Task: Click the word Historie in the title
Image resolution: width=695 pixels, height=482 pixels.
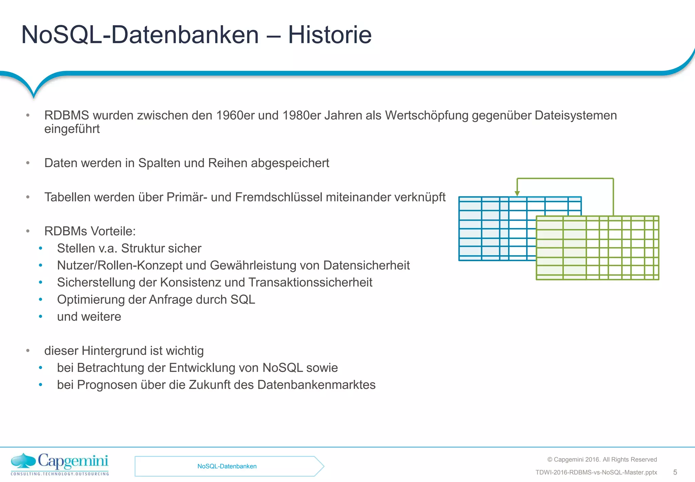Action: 330,35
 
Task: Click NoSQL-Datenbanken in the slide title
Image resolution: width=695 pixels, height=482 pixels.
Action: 140,35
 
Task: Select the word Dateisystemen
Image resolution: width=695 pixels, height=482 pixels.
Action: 576,116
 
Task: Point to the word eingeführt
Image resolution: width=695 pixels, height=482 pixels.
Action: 72,129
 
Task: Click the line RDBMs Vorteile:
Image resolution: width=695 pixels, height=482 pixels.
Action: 90,231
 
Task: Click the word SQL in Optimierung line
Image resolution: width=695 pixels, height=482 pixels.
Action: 243,299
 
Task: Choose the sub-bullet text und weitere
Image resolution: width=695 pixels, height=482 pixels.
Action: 89,316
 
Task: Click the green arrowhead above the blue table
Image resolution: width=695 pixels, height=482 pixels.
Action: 517,193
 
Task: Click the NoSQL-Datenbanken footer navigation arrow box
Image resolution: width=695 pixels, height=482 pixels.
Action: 227,466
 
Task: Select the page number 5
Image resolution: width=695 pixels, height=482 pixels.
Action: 675,472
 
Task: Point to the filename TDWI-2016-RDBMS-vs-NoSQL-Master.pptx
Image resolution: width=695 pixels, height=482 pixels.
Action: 596,472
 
